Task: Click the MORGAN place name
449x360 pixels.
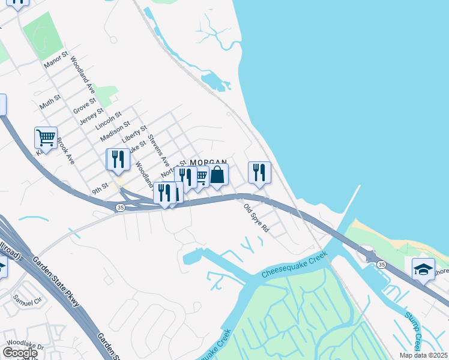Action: [208, 163]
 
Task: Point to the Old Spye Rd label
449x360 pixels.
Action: [256, 219]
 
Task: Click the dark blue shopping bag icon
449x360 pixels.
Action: [218, 175]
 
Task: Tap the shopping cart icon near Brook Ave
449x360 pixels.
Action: [46, 138]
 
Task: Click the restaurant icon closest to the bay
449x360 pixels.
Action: [259, 172]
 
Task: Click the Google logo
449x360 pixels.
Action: [20, 352]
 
